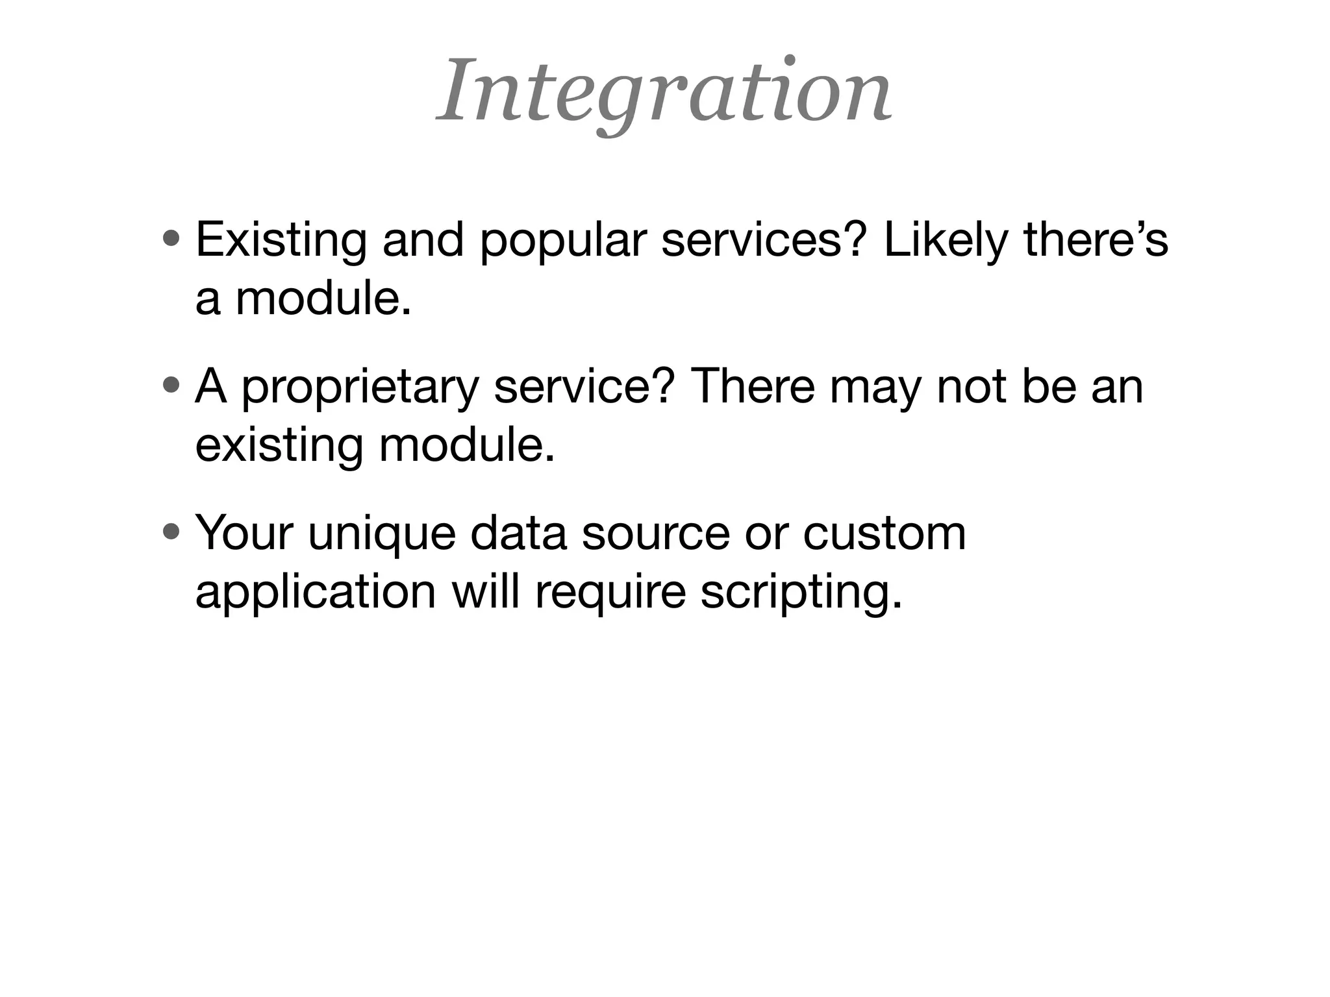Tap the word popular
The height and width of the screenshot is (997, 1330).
click(x=563, y=241)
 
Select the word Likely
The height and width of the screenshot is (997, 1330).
click(x=946, y=241)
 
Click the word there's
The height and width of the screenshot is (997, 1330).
click(x=1096, y=240)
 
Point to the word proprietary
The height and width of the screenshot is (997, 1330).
click(x=360, y=388)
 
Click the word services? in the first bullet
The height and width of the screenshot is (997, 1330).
click(x=764, y=240)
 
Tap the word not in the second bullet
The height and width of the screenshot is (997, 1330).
click(x=972, y=386)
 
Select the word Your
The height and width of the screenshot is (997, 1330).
click(x=244, y=533)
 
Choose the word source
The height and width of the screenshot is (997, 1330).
click(x=656, y=534)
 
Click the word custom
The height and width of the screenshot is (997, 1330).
click(x=884, y=534)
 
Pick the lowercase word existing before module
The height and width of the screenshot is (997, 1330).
click(x=279, y=447)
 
